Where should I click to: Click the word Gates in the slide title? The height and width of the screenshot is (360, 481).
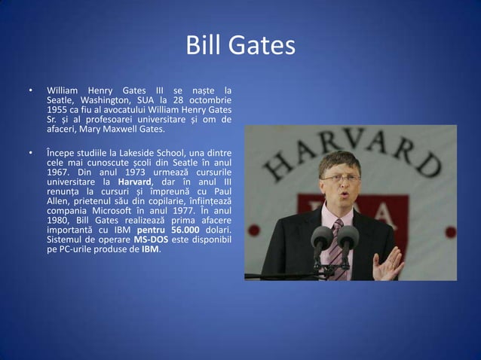coord(262,46)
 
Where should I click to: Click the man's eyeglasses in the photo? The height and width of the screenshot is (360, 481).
coord(341,178)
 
